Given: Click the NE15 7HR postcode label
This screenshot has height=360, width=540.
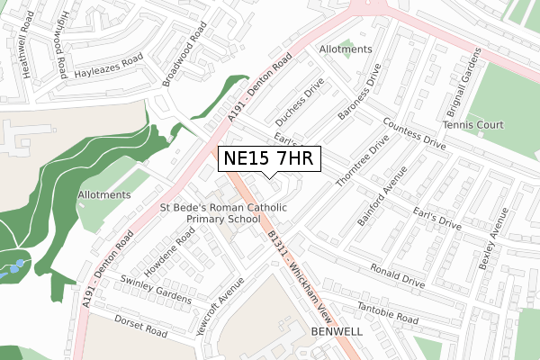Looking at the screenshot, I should (x=266, y=159).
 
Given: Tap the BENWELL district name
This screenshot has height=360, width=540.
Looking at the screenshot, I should (x=337, y=332).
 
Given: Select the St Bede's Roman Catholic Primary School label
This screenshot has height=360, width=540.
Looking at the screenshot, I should (x=223, y=212).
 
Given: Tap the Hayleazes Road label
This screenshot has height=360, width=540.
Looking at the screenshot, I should (x=109, y=64).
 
